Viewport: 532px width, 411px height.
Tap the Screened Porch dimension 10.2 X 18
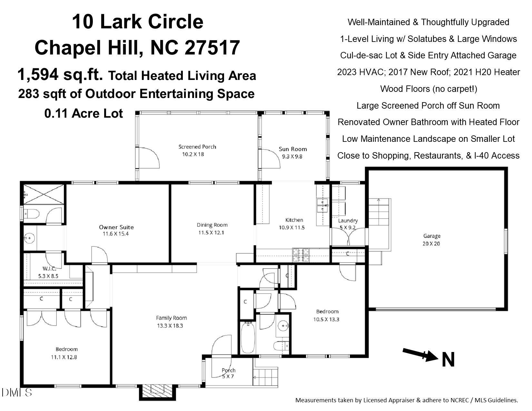pyautogui.click(x=193, y=154)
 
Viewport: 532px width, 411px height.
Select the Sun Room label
pyautogui.click(x=292, y=149)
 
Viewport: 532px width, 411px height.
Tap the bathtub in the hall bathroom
pyautogui.click(x=248, y=338)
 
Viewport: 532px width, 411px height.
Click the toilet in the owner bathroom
pyautogui.click(x=32, y=214)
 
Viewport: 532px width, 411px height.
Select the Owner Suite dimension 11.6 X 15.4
pyautogui.click(x=116, y=234)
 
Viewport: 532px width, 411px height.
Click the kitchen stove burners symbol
pyautogui.click(x=300, y=255)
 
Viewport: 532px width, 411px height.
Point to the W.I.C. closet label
pyautogui.click(x=49, y=269)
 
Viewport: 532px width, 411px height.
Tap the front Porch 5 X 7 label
pyautogui.click(x=228, y=373)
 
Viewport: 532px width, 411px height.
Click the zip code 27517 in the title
pyautogui.click(x=212, y=47)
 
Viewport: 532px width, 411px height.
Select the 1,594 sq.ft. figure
pyautogui.click(x=60, y=75)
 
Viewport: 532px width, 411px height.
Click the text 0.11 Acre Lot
pyautogui.click(x=84, y=113)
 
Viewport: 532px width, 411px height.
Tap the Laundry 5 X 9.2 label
pyautogui.click(x=348, y=224)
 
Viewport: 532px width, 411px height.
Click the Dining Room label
pyautogui.click(x=212, y=225)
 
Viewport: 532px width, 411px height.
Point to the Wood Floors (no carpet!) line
pyautogui.click(x=429, y=89)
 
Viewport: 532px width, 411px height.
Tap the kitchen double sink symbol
pyautogui.click(x=322, y=206)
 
